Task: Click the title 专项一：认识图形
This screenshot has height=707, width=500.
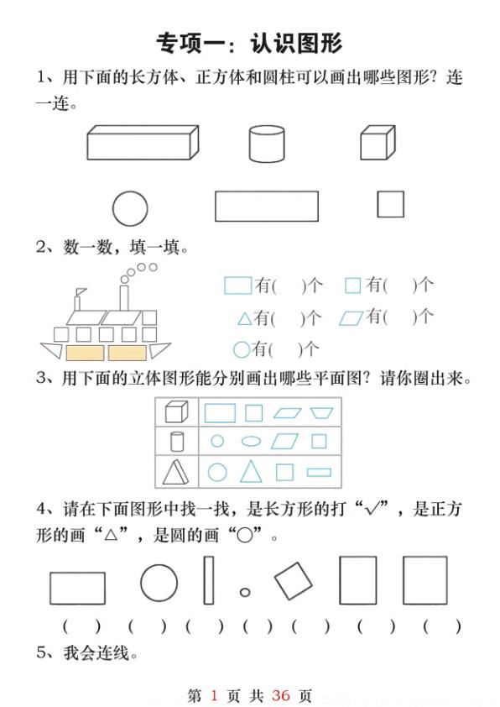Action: pyautogui.click(x=249, y=43)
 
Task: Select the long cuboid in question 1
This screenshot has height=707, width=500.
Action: pyautogui.click(x=142, y=143)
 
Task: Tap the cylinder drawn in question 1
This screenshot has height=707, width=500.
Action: pyautogui.click(x=267, y=143)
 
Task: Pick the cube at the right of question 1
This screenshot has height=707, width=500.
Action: pyautogui.click(x=377, y=143)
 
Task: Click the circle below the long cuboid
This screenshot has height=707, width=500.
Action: pyautogui.click(x=130, y=208)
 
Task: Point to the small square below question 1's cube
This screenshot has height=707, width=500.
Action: pyautogui.click(x=390, y=205)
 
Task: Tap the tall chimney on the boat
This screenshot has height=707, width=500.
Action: pyautogui.click(x=124, y=297)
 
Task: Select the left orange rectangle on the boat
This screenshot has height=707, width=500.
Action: pyautogui.click(x=85, y=352)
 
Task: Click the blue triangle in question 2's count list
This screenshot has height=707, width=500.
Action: pyautogui.click(x=244, y=319)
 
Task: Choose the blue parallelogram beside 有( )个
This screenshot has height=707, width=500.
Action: pyautogui.click(x=352, y=317)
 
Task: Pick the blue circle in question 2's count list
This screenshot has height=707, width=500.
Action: pyautogui.click(x=241, y=348)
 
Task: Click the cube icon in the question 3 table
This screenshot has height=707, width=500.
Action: pyautogui.click(x=175, y=411)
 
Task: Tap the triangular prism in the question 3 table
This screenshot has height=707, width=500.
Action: pyautogui.click(x=175, y=473)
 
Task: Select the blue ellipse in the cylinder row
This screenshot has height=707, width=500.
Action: pyautogui.click(x=251, y=441)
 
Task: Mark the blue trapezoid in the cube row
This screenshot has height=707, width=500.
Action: pyautogui.click(x=320, y=412)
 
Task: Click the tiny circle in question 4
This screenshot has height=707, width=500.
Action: pyautogui.click(x=245, y=592)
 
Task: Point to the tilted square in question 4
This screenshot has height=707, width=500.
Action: pyautogui.click(x=293, y=580)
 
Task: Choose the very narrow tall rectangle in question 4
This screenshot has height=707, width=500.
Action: pyautogui.click(x=209, y=580)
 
